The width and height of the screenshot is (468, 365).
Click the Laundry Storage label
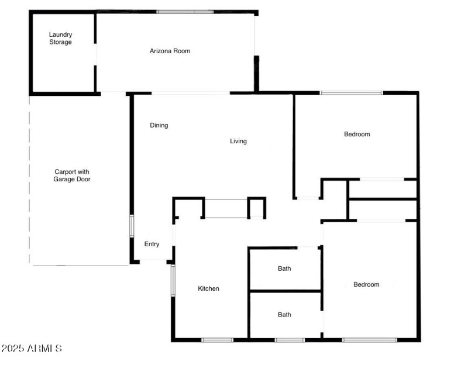click(x=60, y=39)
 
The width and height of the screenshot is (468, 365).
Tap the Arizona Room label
click(x=170, y=51)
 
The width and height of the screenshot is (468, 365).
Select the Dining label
click(x=159, y=125)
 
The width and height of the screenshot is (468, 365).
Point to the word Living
click(x=238, y=141)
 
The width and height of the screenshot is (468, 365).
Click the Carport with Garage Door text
click(x=72, y=175)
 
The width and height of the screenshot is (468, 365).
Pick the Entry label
click(x=152, y=244)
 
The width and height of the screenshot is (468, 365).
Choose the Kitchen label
click(x=208, y=288)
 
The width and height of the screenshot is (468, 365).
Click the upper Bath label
click(x=284, y=269)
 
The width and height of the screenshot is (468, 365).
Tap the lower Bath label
click(x=284, y=315)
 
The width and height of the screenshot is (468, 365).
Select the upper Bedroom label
click(x=357, y=135)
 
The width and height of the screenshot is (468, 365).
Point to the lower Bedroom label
click(x=366, y=285)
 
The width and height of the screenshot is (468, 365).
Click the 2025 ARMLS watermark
click(x=32, y=349)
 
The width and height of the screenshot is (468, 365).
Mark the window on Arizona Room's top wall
click(x=185, y=12)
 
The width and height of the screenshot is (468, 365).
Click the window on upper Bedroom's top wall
click(x=351, y=92)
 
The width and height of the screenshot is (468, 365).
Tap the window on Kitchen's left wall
click(x=173, y=281)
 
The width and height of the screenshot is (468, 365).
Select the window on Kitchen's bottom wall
click(x=217, y=340)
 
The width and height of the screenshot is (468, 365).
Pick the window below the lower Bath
click(x=290, y=340)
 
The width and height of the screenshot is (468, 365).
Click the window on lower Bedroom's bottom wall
click(x=370, y=340)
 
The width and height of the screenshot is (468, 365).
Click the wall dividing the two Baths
click(x=285, y=291)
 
